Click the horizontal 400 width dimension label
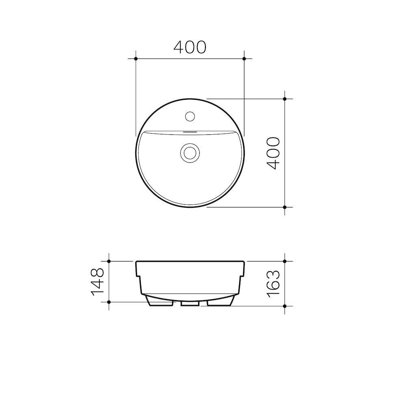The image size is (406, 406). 190,48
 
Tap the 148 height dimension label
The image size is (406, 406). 99,281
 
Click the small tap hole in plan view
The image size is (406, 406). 190,116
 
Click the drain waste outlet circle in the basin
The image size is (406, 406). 190,153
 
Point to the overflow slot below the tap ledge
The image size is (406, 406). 190,132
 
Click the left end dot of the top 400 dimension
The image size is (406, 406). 136,59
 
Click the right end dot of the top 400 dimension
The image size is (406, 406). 244,59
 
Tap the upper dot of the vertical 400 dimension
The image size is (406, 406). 285,99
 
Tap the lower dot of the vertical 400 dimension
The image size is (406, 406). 285,207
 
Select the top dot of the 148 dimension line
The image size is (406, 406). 109,261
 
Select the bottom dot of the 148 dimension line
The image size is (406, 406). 109,302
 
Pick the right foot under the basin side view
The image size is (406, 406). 220,302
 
